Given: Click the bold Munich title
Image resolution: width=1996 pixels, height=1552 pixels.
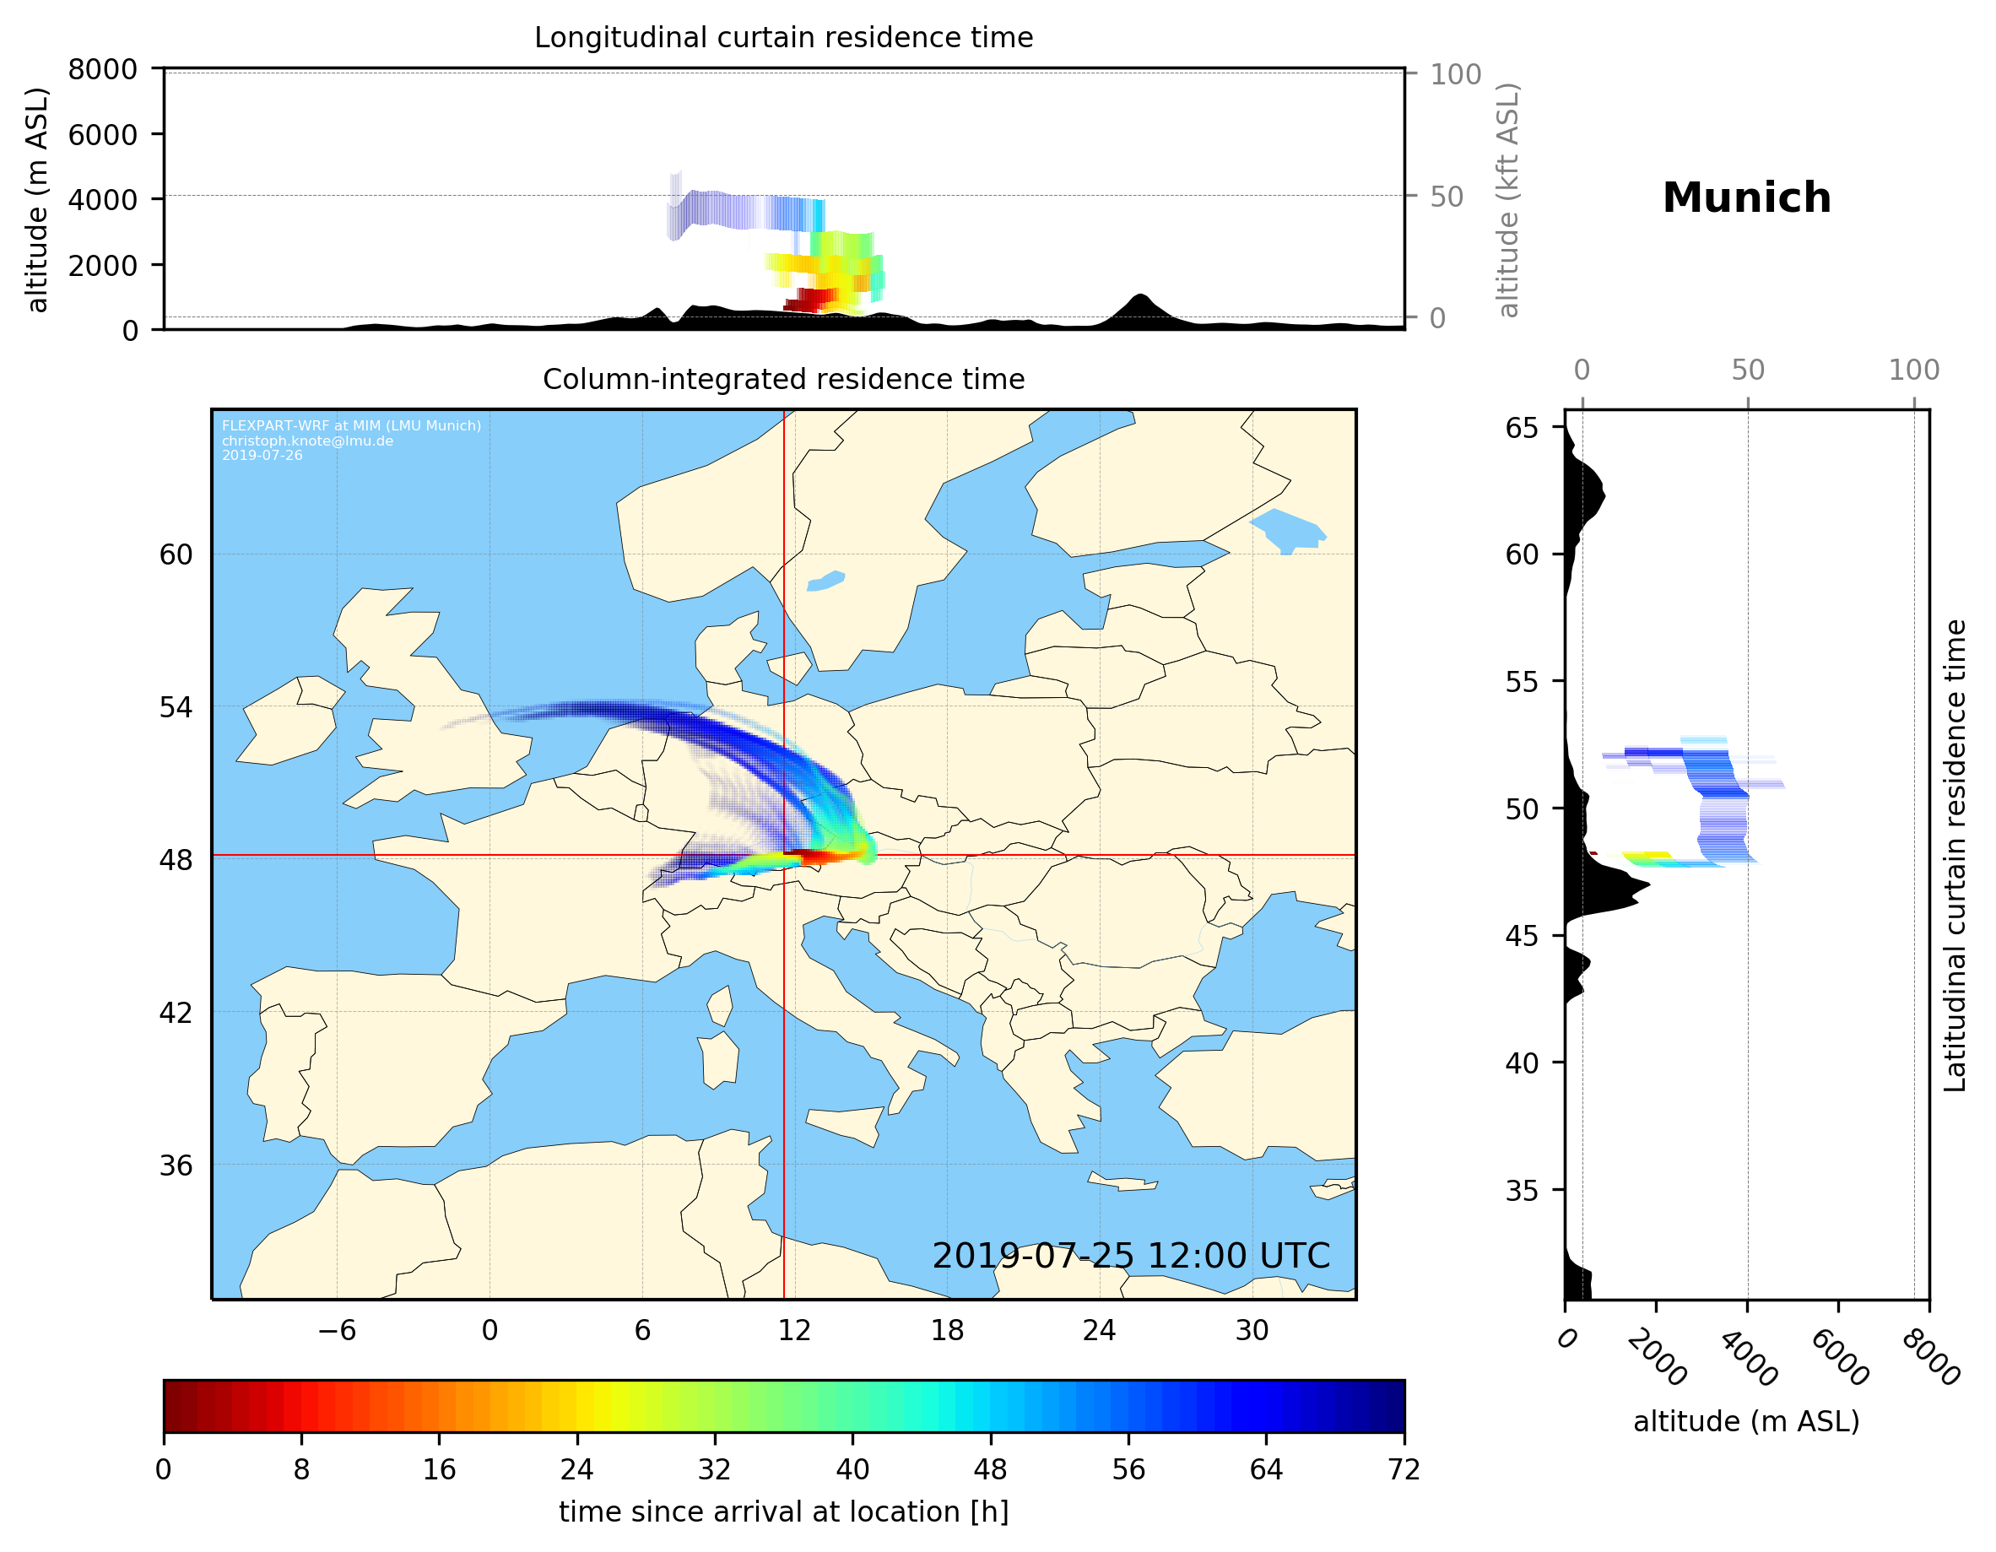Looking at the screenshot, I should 1745,198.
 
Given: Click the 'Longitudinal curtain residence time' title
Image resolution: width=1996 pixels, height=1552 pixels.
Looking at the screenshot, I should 783,37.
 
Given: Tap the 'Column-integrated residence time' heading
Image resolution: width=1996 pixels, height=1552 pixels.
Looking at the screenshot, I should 783,379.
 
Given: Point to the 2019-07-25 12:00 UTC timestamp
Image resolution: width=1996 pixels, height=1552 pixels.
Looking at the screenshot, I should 1131,1256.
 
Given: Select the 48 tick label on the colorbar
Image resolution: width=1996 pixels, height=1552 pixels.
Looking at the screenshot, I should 990,1470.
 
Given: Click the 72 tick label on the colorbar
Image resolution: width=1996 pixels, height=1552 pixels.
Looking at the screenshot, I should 1403,1470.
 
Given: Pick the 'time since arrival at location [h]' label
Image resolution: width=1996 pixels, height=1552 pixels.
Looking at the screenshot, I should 783,1511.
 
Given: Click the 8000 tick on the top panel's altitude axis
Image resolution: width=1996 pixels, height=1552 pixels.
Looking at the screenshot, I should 102,69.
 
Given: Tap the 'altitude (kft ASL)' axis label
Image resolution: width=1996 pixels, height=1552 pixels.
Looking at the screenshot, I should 1508,200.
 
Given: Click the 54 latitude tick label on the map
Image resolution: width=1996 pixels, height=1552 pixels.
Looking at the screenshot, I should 176,707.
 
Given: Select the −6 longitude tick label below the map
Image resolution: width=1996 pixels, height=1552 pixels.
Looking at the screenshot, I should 336,1331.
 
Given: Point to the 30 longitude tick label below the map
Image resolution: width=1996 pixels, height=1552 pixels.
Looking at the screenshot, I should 1251,1331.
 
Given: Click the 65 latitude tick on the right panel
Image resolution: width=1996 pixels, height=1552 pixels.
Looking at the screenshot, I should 1522,428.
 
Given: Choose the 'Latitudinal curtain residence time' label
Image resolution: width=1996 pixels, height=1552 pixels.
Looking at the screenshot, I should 1954,856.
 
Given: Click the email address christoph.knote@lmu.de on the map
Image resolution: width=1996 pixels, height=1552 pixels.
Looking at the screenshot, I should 307,441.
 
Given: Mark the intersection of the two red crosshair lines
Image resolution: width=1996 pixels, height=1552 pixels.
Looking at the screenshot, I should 784,856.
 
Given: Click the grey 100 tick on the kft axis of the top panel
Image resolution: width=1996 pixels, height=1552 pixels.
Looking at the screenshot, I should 1455,74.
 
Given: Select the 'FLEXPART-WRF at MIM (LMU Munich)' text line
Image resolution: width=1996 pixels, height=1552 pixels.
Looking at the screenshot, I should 351,426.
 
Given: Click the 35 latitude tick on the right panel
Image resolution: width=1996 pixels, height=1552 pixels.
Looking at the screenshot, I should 1522,1190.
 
